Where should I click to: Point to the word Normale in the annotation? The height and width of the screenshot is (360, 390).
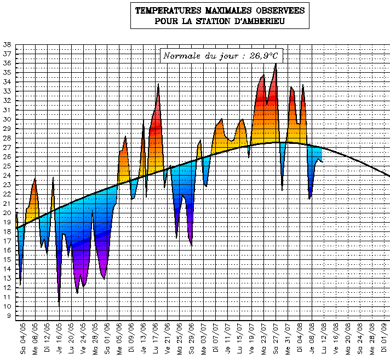181,55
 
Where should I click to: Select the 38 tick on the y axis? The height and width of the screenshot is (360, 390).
7,44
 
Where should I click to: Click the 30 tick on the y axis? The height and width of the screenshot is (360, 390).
7,119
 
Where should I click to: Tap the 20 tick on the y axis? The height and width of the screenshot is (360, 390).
7,213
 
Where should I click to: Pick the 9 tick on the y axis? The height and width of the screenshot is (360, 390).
8,316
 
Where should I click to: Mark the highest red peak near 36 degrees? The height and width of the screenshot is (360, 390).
276,65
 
